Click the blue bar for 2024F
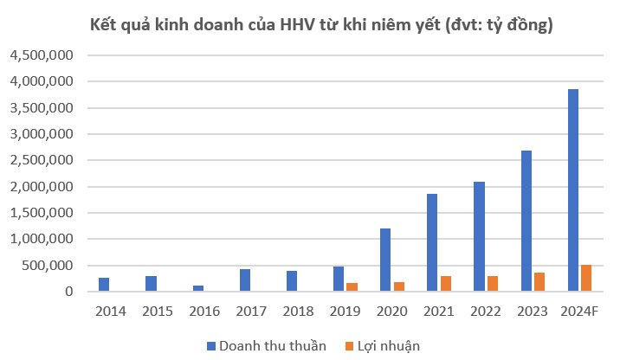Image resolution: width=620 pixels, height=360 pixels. point(572,190)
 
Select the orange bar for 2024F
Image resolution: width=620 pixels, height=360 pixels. point(585,279)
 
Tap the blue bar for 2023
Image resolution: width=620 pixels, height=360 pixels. point(526,222)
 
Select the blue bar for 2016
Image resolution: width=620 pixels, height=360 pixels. point(198,289)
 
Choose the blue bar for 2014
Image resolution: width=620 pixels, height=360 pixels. point(104,285)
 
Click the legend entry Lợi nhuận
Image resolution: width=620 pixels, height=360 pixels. point(386,345)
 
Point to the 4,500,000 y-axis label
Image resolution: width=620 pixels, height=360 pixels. point(42,55)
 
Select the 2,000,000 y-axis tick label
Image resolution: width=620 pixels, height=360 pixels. point(42,187)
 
